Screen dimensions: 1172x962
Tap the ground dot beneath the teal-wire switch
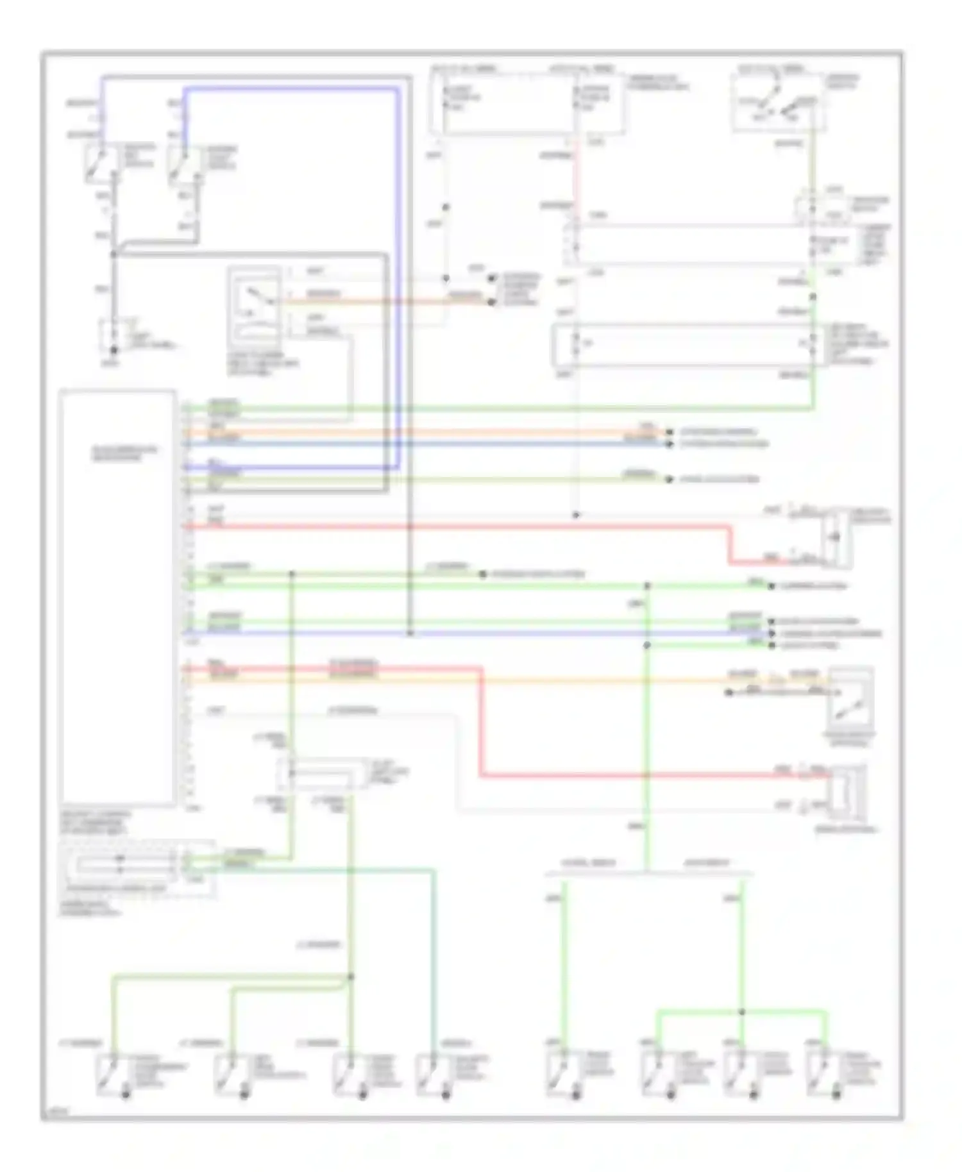[446, 1094]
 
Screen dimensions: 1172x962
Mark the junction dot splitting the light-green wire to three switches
[742, 1012]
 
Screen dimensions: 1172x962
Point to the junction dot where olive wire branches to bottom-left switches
[351, 977]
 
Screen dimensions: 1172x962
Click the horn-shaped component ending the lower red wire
[848, 792]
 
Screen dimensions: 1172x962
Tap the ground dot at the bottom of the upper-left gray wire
[114, 350]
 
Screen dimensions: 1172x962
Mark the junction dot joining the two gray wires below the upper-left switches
[114, 255]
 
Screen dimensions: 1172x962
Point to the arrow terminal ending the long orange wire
[669, 433]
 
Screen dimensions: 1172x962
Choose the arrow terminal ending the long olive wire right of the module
[669, 480]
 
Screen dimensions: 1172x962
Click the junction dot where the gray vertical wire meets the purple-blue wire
[410, 633]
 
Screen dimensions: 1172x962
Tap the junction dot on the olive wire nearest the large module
[292, 574]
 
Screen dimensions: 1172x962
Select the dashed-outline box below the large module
[136, 869]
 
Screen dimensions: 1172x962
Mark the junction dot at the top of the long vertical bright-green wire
[646, 586]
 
